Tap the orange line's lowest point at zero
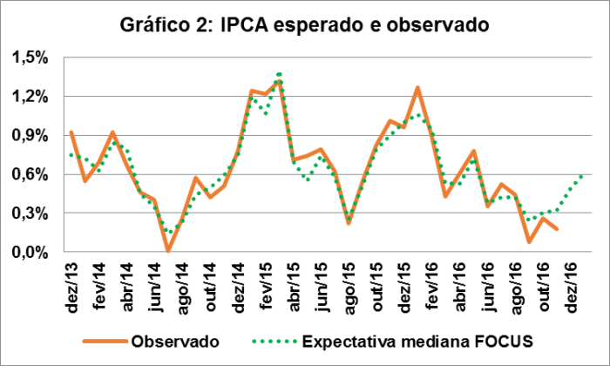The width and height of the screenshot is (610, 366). coord(168,251)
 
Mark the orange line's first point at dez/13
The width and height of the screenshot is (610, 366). coord(71,132)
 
